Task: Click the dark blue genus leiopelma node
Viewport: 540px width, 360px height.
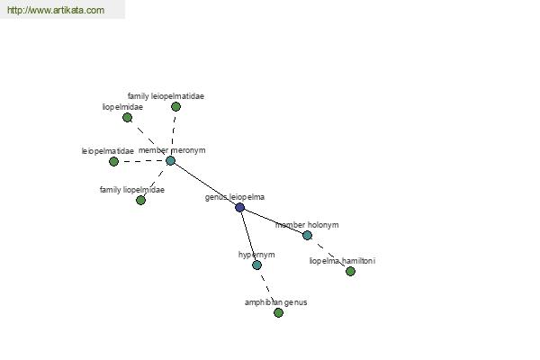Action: (240, 207)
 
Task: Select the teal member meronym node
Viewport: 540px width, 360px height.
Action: (170, 160)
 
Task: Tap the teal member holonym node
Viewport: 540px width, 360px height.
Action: (308, 235)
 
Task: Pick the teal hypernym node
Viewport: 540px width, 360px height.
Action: (256, 265)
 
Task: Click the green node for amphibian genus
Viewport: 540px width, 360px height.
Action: (279, 312)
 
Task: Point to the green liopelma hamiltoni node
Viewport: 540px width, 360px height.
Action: (351, 272)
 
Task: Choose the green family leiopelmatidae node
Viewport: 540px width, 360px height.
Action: (176, 107)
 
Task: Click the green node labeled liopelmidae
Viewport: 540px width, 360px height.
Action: (128, 118)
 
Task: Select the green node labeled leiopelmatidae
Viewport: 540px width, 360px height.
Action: (113, 161)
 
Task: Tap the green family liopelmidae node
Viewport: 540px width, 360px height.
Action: (141, 200)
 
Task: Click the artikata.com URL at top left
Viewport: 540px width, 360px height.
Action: (56, 10)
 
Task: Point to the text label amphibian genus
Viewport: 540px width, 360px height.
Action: (276, 302)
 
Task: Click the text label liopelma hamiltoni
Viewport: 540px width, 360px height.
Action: (342, 261)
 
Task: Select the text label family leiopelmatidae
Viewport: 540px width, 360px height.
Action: (166, 96)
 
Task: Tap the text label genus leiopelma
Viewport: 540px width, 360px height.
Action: (235, 197)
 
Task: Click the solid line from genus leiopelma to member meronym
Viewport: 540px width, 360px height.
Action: (205, 184)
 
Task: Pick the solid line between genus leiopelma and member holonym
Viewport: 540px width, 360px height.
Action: (274, 221)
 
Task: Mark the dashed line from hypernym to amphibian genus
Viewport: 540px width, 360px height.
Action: (267, 289)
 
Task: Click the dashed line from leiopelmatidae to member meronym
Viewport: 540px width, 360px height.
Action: (142, 161)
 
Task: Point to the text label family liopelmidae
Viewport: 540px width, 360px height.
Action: (132, 190)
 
